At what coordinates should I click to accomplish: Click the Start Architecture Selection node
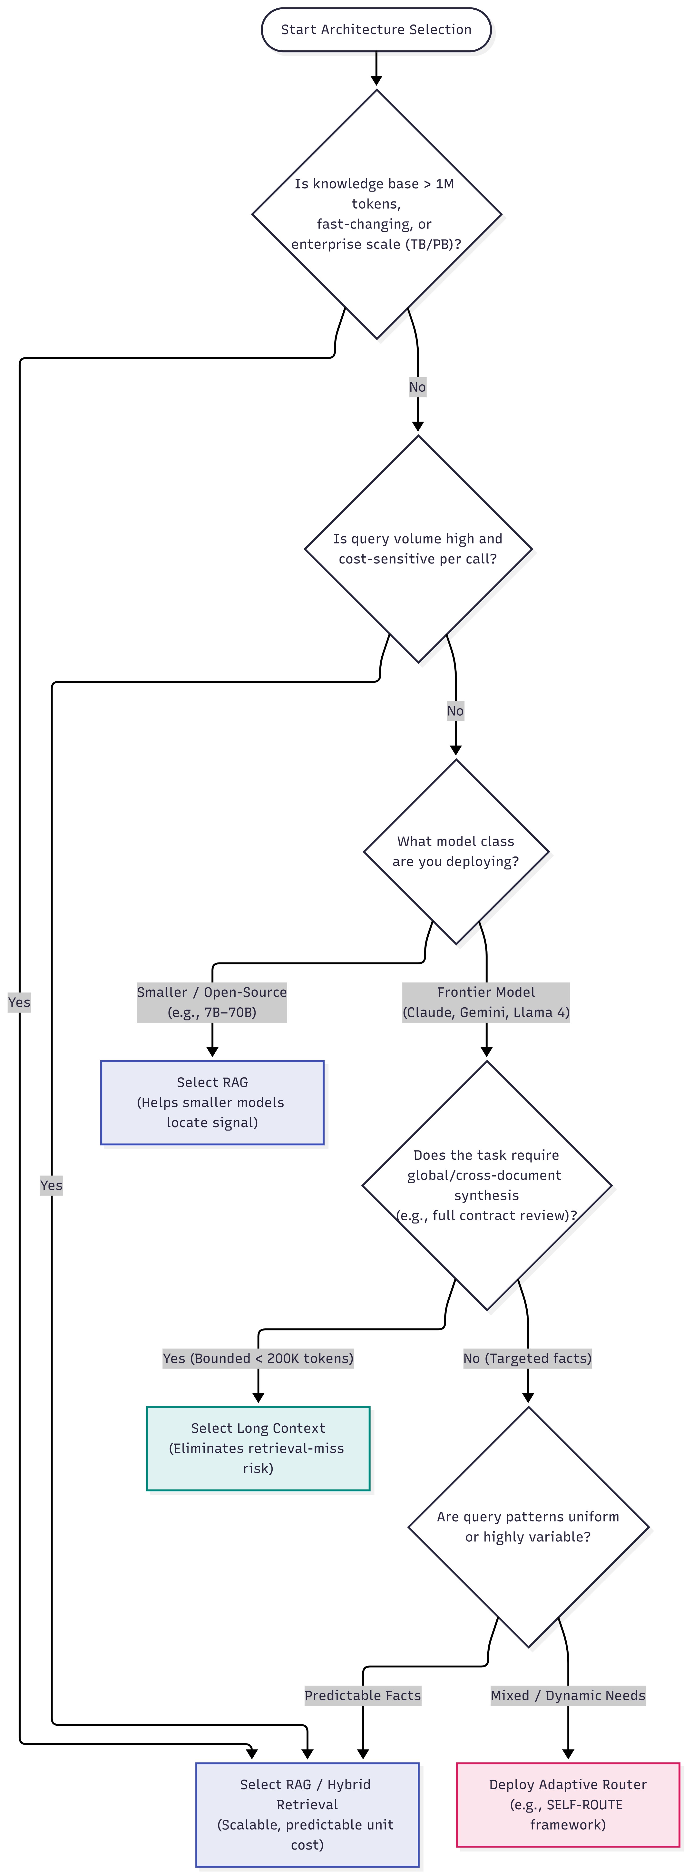click(x=376, y=30)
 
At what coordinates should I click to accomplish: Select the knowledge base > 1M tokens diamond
click(x=376, y=214)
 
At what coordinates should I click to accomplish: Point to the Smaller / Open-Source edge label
click(x=212, y=1002)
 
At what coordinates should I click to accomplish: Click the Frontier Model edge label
click(x=486, y=1002)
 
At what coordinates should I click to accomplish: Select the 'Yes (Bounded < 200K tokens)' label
click(x=258, y=1358)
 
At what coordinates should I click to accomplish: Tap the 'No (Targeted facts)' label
click(x=528, y=1358)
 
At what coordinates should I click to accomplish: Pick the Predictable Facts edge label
click(x=362, y=1695)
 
